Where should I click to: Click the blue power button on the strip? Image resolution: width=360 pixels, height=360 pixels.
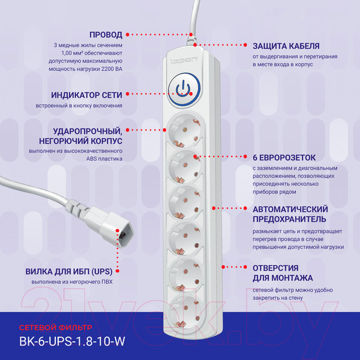184,89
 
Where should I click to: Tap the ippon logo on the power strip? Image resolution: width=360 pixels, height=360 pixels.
184,61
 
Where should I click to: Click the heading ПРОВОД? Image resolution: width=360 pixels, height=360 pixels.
106,35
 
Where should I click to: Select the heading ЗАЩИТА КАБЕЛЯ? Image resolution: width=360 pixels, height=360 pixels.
286,46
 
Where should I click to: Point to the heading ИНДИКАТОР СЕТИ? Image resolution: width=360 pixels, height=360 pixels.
86,95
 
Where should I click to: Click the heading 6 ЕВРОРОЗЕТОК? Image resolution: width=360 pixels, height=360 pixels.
284,158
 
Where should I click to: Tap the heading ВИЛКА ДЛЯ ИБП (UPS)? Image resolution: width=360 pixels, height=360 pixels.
69,272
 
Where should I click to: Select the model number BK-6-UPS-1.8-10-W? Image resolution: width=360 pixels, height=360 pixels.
72,341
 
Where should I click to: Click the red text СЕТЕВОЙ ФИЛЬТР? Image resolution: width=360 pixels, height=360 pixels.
56,328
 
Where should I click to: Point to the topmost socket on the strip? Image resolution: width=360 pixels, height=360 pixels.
185,131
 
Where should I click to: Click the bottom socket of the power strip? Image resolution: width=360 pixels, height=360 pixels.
185,313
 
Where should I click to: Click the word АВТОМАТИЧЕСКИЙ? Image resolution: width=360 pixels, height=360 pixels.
290,209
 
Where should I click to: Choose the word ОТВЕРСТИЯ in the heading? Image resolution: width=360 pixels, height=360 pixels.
275,268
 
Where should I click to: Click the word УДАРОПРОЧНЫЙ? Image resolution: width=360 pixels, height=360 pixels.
88,131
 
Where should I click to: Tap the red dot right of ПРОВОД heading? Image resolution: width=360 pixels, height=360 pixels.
128,35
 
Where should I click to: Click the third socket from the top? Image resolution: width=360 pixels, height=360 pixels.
185,203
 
